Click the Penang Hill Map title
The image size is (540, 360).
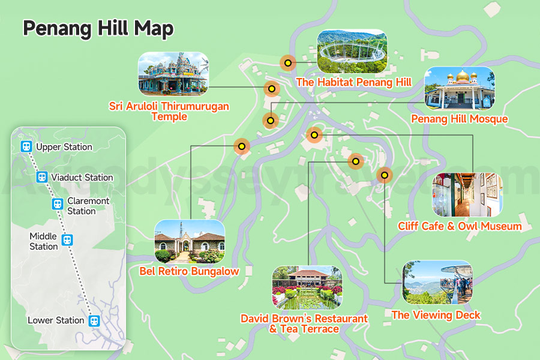98,28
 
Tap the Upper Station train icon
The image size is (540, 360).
26,146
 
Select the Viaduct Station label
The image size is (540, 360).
82,177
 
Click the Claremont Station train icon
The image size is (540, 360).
57,204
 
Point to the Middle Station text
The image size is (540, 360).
44,241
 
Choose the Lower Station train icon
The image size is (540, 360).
94,320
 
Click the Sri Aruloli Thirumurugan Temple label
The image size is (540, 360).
169,111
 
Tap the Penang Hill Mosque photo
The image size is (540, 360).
460,88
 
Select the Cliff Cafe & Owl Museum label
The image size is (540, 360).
460,226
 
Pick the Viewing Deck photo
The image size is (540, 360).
437,282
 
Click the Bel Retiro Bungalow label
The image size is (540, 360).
189,271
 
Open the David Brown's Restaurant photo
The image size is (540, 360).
307,287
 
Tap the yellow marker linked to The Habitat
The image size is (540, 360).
288,62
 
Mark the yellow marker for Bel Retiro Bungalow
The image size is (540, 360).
241,146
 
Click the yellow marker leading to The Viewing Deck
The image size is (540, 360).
384,175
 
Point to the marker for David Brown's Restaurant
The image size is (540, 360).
356,161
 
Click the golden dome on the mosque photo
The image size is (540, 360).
462,76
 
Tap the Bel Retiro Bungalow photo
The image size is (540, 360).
190,241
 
